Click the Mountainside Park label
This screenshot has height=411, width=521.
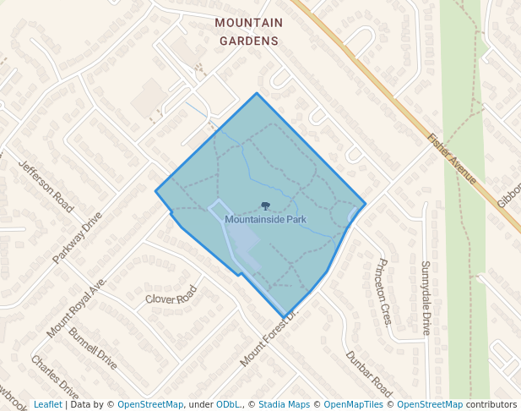pos(265,219)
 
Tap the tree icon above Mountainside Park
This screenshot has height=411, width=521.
pos(265,205)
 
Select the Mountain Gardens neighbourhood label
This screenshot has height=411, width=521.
pos(248,31)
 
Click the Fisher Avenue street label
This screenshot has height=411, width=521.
pos(453,158)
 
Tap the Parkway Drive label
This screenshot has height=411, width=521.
pos(77,237)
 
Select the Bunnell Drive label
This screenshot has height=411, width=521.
pos(93,348)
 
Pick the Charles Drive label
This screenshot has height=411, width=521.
pos(55,377)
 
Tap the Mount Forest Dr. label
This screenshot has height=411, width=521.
pos(269,337)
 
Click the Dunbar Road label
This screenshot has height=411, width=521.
pos(370,374)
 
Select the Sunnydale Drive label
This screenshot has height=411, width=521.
pos(426,298)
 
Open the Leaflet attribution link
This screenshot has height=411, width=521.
pos(47,404)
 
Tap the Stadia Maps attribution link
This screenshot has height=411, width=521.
pos(284,404)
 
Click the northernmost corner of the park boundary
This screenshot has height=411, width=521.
pos(258,93)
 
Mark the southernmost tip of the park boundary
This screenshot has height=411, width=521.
pos(284,317)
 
